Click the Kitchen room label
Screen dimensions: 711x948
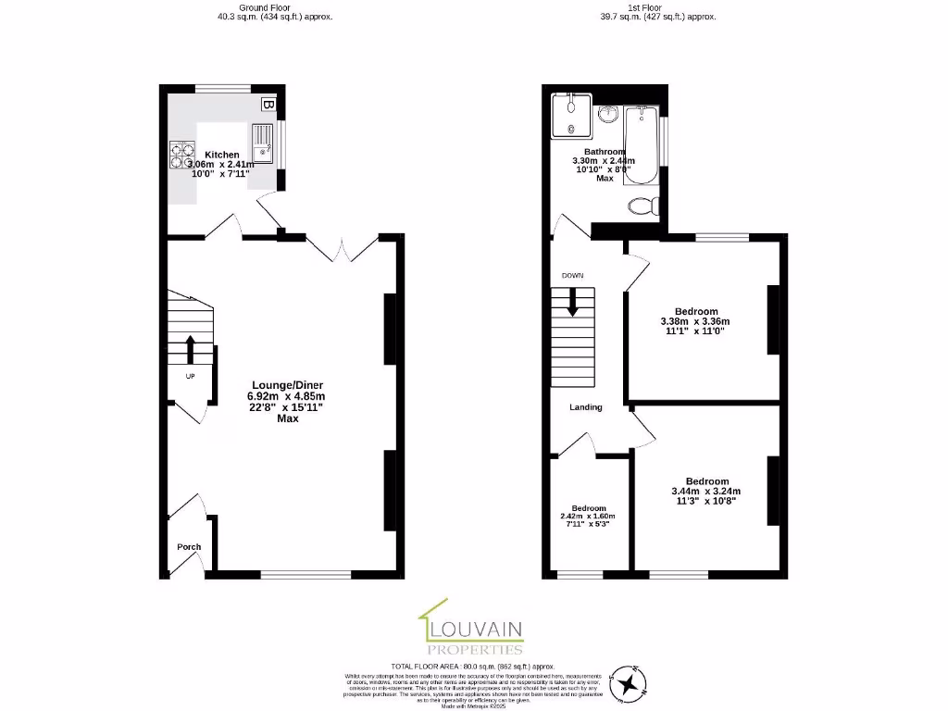pos(222,155)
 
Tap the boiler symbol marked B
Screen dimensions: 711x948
pos(267,105)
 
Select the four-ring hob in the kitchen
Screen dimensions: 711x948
pos(181,155)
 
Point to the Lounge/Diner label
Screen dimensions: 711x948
pos(288,385)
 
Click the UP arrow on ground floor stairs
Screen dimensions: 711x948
pos(190,350)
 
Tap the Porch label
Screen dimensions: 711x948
pos(189,547)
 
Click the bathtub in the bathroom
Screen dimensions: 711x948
pos(641,145)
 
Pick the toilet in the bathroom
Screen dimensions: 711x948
pos(640,205)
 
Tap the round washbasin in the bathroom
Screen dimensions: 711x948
pos(607,114)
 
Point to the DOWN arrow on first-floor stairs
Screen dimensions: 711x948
pos(572,303)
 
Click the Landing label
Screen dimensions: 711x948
pos(586,407)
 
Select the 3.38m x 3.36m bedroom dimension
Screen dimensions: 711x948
pos(696,321)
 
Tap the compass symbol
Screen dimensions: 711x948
pos(634,683)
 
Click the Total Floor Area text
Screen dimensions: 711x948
pos(472,666)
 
